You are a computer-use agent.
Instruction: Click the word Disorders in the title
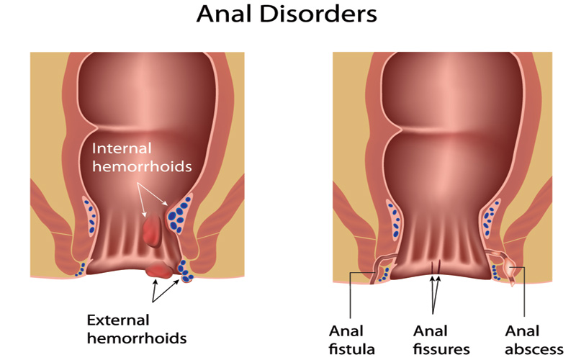point(318,14)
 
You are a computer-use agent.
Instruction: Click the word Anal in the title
point(225,14)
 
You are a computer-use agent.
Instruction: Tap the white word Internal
point(122,148)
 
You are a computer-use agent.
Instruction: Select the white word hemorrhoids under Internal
point(142,166)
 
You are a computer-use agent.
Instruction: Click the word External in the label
point(118,320)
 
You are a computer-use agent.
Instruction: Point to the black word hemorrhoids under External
point(137,338)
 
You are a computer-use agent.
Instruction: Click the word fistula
point(351,349)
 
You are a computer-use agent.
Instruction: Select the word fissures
point(441,349)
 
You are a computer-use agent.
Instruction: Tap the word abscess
point(534,349)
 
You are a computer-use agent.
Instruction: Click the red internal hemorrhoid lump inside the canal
point(152,230)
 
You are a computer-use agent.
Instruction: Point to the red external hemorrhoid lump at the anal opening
point(159,270)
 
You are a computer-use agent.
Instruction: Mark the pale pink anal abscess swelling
point(510,268)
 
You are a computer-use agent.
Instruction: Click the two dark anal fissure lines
point(436,267)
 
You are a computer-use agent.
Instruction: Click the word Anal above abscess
point(522,331)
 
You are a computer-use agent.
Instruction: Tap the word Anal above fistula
point(346,331)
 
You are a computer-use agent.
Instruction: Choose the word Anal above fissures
point(430,331)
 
